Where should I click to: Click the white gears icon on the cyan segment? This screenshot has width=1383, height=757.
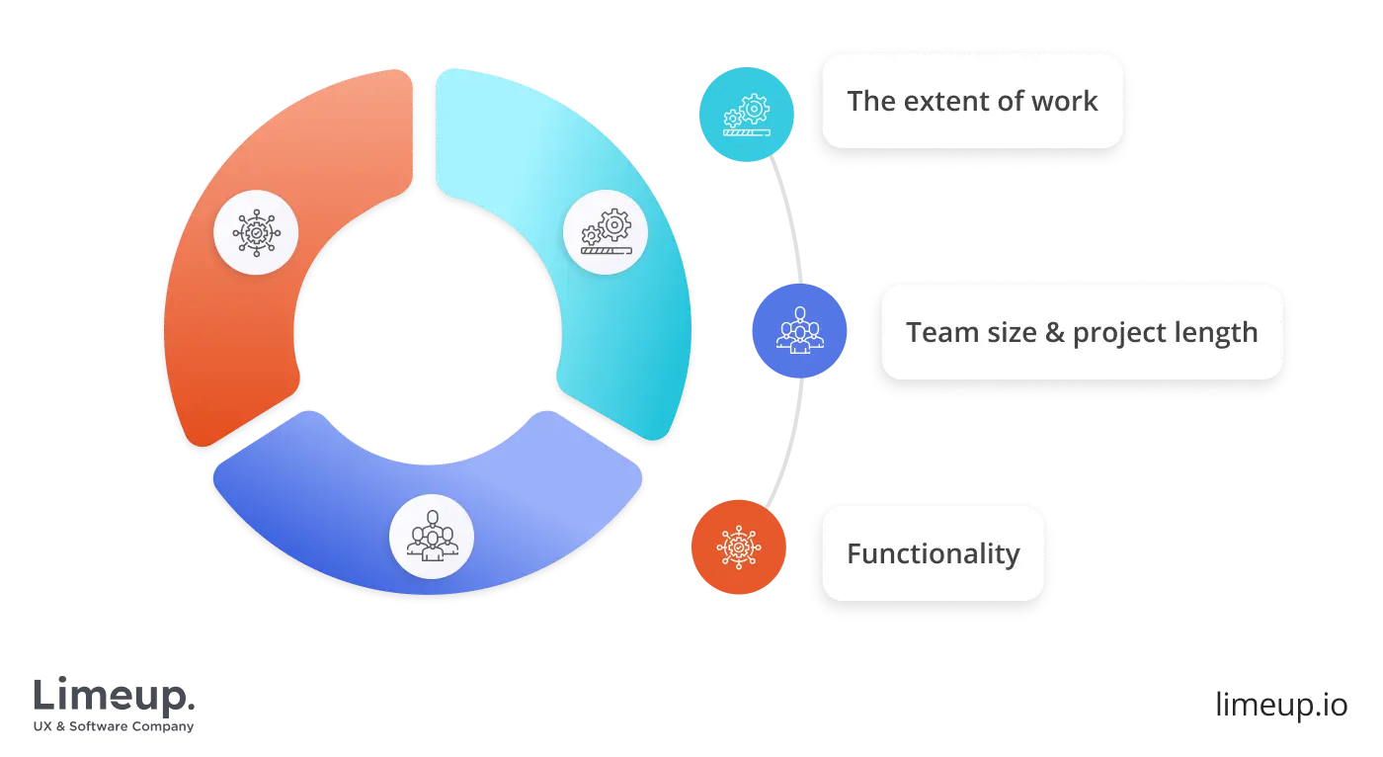(x=606, y=232)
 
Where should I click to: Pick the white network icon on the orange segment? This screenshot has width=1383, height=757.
(x=257, y=232)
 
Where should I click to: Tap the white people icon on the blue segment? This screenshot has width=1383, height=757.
(x=432, y=537)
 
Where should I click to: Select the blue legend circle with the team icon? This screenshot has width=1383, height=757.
(x=799, y=331)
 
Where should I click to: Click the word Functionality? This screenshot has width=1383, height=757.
(x=933, y=553)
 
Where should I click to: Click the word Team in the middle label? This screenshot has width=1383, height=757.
(x=935, y=332)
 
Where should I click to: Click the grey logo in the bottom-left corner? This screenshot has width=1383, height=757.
(x=114, y=702)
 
